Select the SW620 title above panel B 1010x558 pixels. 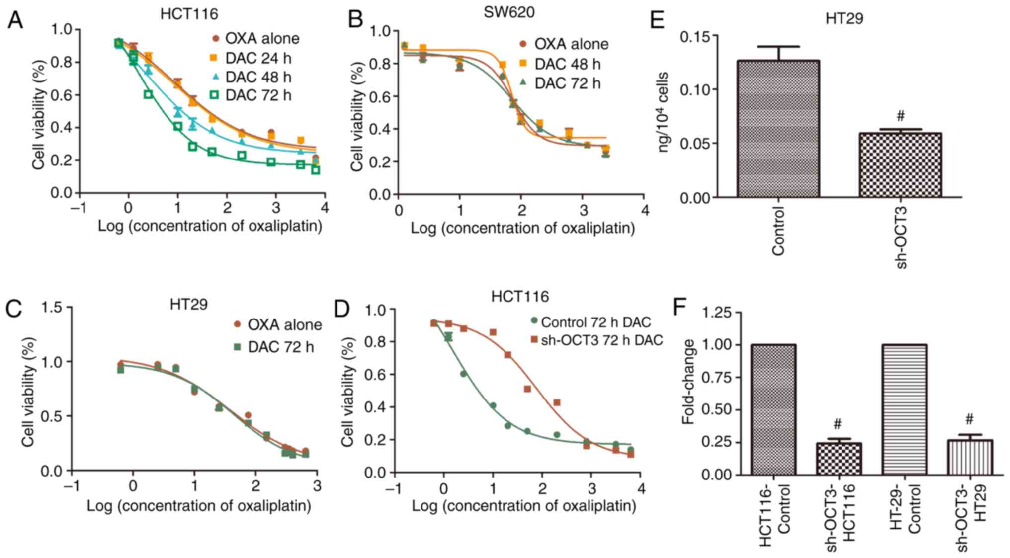click(509, 12)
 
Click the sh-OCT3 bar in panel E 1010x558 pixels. click(900, 165)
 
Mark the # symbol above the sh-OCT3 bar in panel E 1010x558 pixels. click(900, 116)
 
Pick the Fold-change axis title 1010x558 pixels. click(688, 382)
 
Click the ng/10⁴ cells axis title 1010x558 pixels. click(664, 112)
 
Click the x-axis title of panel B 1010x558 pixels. click(522, 228)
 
